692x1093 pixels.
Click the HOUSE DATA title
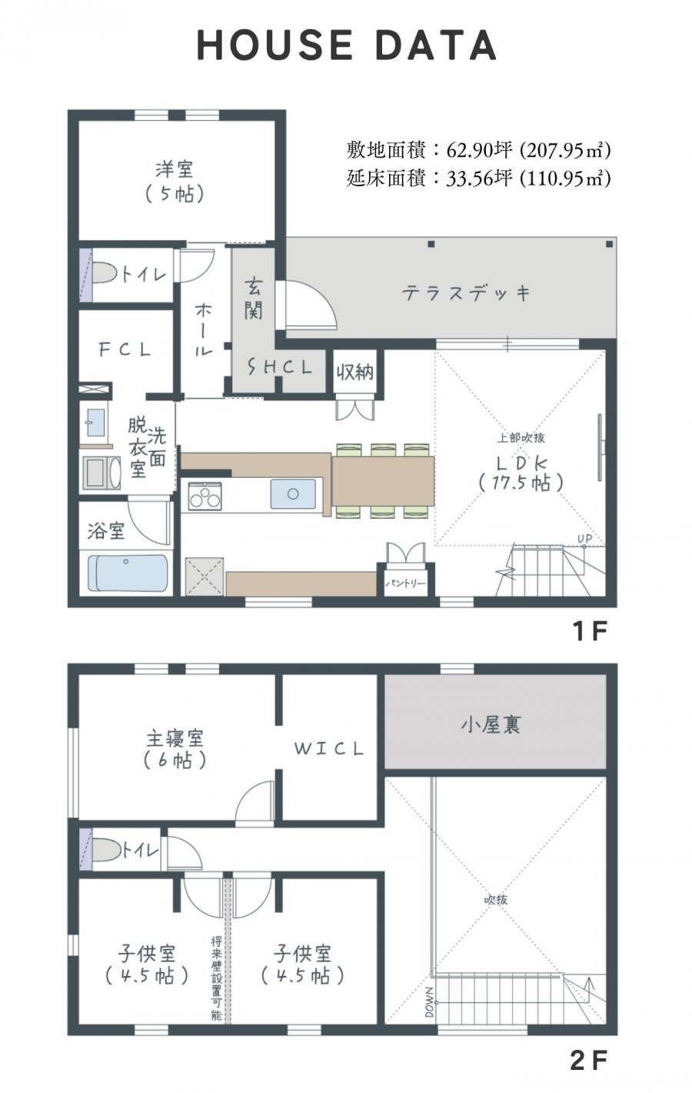[347, 45]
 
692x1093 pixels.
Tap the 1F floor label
[591, 632]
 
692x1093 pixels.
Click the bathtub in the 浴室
[128, 573]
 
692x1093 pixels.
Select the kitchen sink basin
[293, 494]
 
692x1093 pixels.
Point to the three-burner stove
[205, 496]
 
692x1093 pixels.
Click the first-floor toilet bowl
[105, 273]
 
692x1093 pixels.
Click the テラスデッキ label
[466, 293]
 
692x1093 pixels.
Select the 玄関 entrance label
[254, 298]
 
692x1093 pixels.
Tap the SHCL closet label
[280, 366]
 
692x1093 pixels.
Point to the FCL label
[125, 349]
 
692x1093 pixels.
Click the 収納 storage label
[354, 373]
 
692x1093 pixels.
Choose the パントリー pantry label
[406, 583]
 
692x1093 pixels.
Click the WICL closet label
[329, 748]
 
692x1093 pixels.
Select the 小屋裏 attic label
[491, 725]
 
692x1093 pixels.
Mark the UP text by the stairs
[584, 539]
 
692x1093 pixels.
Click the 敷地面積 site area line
[478, 150]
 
